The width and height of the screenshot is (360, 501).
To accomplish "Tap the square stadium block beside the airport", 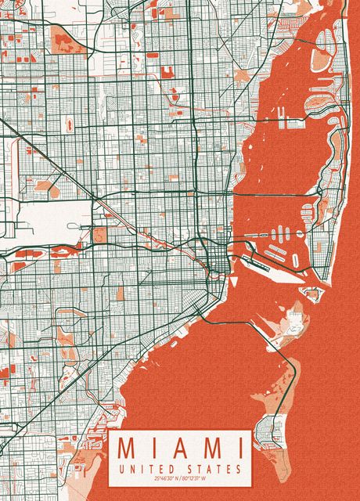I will coord(100,234).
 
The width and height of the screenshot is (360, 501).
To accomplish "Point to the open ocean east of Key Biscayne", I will coord(329,391).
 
